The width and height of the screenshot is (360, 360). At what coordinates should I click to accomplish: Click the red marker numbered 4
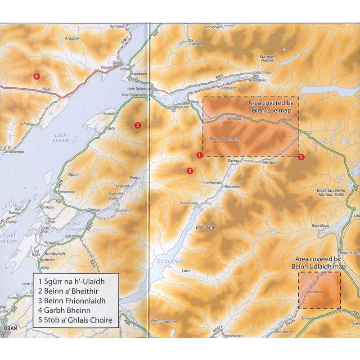(x=37, y=76)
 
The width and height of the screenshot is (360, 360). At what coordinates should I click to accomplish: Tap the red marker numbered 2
(x=138, y=125)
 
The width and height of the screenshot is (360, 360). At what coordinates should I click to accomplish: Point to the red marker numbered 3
(x=190, y=171)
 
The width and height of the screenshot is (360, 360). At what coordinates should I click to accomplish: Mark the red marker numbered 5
(x=301, y=157)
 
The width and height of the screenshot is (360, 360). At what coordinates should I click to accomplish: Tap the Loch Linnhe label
(x=60, y=138)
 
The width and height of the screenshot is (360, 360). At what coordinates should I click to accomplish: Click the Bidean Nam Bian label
(x=225, y=139)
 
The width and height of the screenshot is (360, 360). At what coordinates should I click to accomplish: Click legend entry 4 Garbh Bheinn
(x=65, y=310)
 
